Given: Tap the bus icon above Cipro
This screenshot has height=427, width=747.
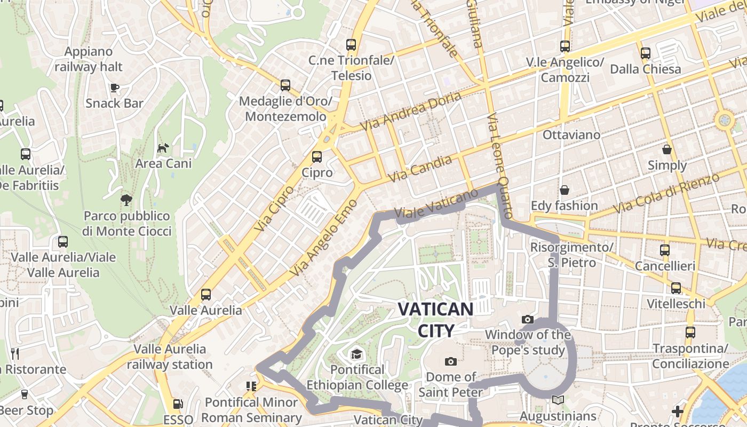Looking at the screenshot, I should tap(317, 156).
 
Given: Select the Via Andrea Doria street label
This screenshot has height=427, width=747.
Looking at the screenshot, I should tap(410, 112).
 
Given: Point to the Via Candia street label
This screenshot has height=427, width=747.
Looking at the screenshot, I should tap(420, 169).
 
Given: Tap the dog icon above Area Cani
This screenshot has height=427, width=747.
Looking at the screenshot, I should tap(163, 147).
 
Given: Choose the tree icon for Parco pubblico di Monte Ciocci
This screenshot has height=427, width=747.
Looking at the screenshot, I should tap(126, 200).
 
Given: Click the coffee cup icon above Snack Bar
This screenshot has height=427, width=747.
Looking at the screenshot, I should tap(114, 88).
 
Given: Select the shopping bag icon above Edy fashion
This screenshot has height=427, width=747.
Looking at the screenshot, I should tap(564, 190).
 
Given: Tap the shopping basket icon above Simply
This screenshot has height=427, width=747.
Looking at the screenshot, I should tap(667, 149).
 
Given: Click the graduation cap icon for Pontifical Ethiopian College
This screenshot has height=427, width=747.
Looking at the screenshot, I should tap(356, 354).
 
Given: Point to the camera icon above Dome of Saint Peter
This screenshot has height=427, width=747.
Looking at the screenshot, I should tap(451, 361).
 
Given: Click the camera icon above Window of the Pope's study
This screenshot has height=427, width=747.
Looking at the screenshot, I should tap(528, 319).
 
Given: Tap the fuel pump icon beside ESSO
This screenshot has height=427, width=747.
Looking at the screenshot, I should tap(178, 405).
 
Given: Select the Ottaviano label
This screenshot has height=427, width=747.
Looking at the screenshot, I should tap(571, 135).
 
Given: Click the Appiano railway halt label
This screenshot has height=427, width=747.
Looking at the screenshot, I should tap(89, 59).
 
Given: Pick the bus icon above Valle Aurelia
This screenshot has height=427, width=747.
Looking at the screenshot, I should tap(205, 295).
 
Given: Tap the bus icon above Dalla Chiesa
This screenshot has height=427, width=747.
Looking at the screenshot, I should tap(646, 53).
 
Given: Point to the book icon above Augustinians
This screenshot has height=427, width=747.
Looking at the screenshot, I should tap(558, 400).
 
